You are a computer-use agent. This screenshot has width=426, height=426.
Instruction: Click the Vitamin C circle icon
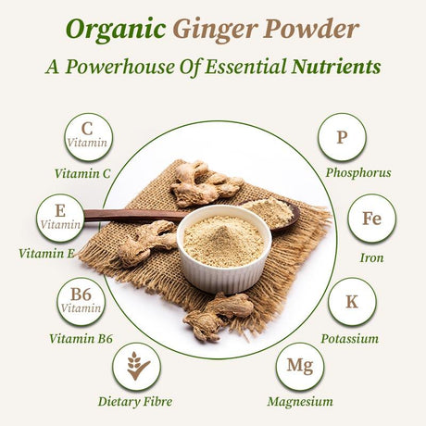tap(88, 136)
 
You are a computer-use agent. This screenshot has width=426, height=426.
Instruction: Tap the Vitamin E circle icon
tap(60, 218)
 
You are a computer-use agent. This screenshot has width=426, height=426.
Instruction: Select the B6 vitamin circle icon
tap(81, 303)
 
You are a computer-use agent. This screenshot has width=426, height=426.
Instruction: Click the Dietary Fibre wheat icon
tap(136, 367)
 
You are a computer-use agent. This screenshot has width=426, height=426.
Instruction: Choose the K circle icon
tap(352, 302)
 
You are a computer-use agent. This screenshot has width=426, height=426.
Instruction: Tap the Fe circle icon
tap(371, 218)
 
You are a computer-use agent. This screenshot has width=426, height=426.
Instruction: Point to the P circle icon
tap(342, 137)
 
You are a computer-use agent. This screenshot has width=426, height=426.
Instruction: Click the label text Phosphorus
tap(357, 172)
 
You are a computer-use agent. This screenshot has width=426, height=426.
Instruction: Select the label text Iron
tap(373, 257)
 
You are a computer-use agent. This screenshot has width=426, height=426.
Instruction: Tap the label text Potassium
tap(349, 339)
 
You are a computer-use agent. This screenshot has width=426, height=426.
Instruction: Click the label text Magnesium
tap(299, 402)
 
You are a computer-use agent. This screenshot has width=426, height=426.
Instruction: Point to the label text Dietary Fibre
tap(134, 402)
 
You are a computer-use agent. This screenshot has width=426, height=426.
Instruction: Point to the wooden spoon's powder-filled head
tap(271, 213)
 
